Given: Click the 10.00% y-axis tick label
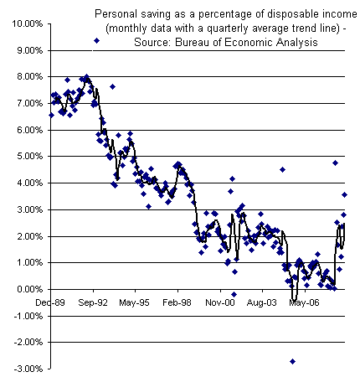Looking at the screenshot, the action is tap(28, 23).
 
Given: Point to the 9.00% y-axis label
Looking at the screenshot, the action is tap(29, 50).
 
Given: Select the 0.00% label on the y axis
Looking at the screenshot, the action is tap(29, 289).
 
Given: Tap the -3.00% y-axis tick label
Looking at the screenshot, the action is tap(28, 369).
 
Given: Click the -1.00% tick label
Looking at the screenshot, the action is tap(28, 316).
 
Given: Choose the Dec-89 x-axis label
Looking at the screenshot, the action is tap(50, 302).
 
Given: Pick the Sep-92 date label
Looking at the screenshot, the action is tap(93, 302).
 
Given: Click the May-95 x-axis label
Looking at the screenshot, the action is tap(134, 302).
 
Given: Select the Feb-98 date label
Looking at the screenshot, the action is tap(177, 302).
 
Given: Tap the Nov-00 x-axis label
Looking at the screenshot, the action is tap(220, 302).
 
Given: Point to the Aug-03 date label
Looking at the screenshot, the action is tap(262, 302).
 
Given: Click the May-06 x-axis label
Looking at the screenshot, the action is tap(304, 302).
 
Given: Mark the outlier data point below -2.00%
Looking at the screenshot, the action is tap(292, 361).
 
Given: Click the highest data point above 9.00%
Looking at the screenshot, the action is tap(96, 40).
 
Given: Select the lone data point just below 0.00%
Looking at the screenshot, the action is tap(234, 294).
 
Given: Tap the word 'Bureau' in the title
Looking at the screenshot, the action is tap(198, 42).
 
